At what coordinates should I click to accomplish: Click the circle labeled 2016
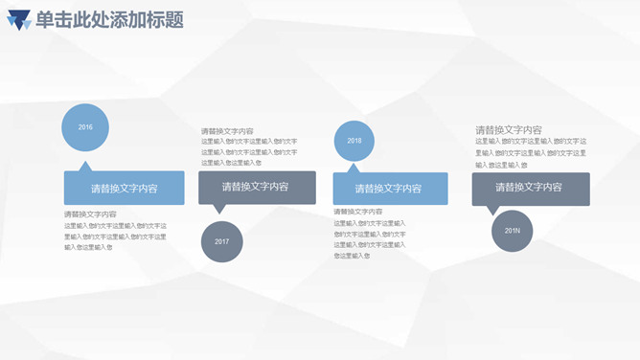85,127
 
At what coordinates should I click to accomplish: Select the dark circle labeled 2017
222,240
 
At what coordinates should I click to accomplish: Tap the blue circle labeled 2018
354,141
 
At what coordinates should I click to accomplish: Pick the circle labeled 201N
513,231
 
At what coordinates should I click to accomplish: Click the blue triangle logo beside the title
18,20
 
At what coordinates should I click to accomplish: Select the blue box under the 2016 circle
124,188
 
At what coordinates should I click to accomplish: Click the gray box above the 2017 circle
257,187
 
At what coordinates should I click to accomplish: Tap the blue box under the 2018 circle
390,188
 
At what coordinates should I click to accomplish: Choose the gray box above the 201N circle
531,188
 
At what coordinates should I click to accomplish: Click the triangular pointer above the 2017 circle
219,209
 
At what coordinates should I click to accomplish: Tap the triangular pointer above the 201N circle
493,210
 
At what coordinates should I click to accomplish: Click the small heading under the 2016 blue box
89,214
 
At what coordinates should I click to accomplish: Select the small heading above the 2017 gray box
227,131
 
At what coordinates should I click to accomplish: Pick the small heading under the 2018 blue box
358,212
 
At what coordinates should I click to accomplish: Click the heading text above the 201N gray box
509,130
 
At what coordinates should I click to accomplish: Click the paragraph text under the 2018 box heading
370,239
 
